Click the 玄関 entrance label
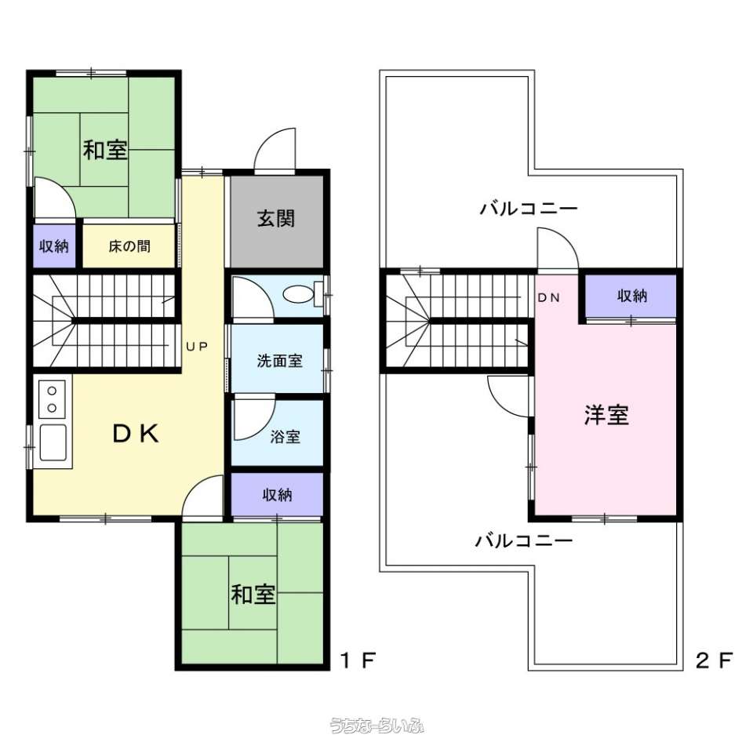pos(275,219)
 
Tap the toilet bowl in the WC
pos(298,294)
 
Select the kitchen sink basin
pos(53,442)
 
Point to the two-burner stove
pos(52,399)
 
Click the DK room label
pos(136,434)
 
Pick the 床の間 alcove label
pos(129,246)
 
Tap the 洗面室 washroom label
pos(279,361)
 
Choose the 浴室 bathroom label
pos(286,437)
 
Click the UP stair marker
pos(197,346)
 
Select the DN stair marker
pos(549,298)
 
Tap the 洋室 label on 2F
pos(606,415)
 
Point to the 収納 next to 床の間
pos(54,246)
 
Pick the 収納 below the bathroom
pos(277,495)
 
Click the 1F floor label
pos(357,660)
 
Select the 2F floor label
pos(714,660)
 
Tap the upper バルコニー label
pos(529,209)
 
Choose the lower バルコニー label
pos(524,541)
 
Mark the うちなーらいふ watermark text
pos(377,725)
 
